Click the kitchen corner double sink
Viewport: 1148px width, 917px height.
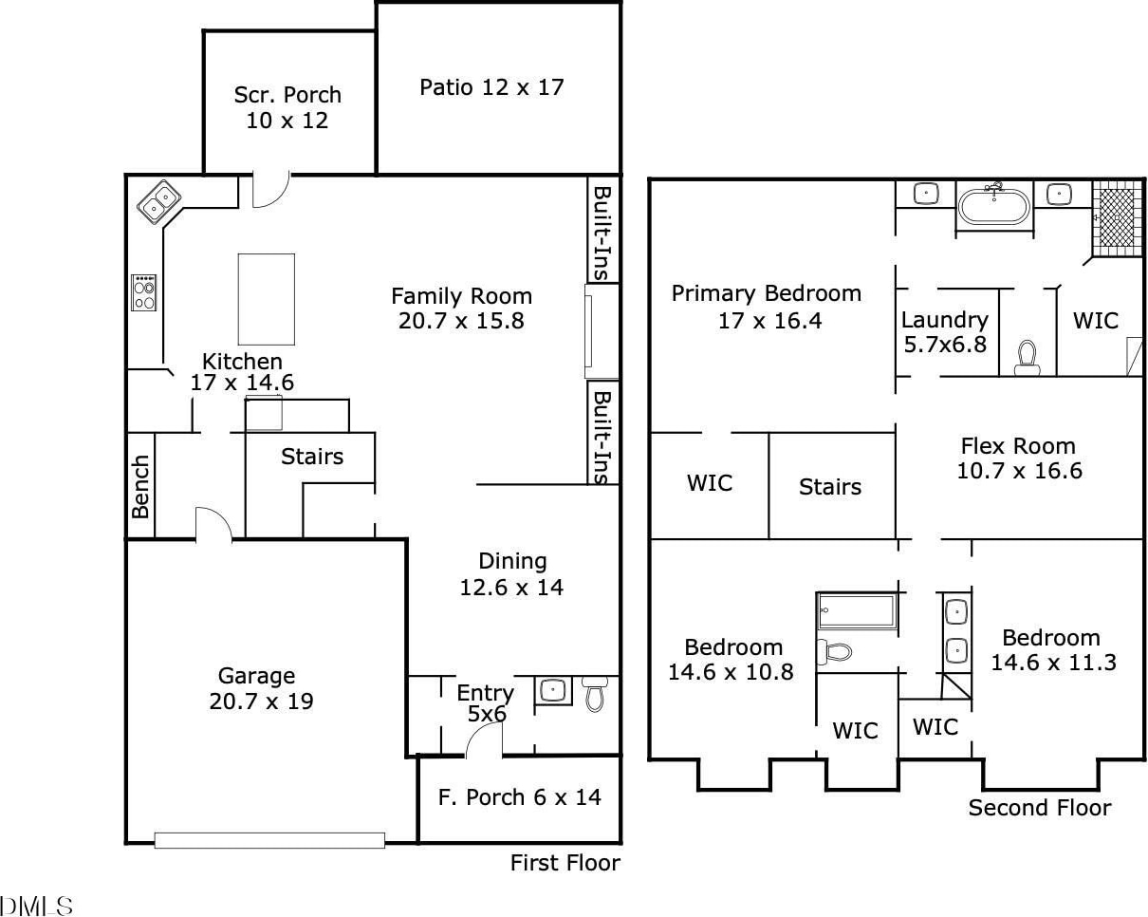click(158, 202)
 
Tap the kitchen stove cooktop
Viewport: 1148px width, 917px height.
click(143, 292)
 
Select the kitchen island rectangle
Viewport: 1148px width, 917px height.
click(267, 299)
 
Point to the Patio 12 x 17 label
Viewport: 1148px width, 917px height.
click(491, 87)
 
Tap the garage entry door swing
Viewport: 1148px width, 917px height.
click(213, 524)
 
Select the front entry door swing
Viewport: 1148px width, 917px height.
click(484, 739)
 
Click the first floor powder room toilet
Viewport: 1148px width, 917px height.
click(595, 693)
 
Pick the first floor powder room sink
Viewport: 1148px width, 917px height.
click(553, 690)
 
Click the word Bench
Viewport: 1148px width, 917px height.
click(140, 487)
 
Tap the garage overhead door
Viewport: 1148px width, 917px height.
click(269, 840)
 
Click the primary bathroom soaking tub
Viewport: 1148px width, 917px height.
click(994, 207)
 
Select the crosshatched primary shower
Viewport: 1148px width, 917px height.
click(1116, 218)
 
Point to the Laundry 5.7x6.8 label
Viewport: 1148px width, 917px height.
click(945, 332)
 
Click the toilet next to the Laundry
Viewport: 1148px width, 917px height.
click(1027, 358)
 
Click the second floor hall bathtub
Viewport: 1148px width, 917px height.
click(857, 610)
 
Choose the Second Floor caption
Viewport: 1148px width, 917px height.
click(1040, 808)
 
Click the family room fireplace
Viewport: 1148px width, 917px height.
click(602, 331)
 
